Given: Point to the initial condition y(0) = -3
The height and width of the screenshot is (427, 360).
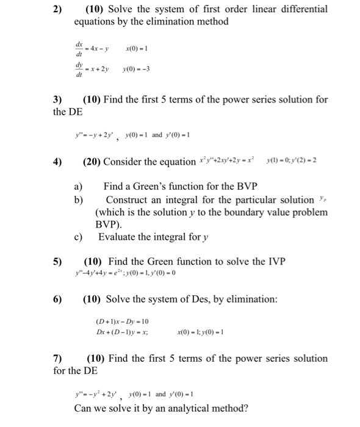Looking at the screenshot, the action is (137, 70).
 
